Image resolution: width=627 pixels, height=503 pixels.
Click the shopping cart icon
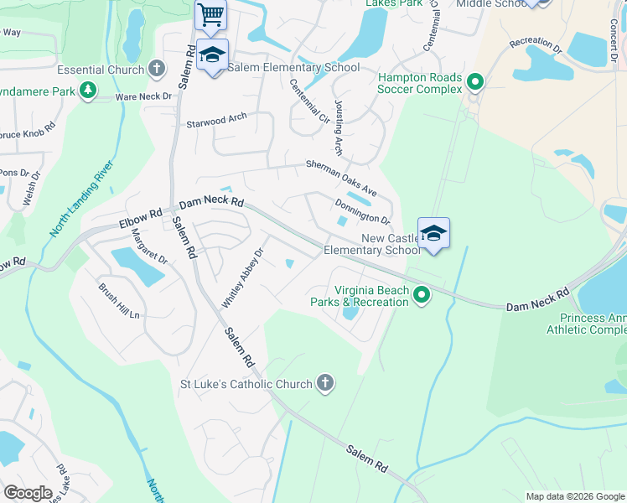click(x=211, y=13)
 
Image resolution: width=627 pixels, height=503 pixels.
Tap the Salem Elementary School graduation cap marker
click(x=212, y=56)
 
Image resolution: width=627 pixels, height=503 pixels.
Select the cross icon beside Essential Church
click(x=157, y=68)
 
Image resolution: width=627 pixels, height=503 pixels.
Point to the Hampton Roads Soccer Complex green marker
click(x=476, y=82)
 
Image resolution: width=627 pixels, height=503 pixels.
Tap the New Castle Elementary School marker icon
click(x=433, y=233)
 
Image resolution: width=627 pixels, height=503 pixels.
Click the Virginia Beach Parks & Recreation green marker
click(x=422, y=294)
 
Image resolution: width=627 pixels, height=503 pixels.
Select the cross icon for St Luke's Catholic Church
click(x=325, y=384)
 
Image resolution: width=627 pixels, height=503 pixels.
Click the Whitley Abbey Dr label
click(x=242, y=276)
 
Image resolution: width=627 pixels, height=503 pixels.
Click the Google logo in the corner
click(x=28, y=493)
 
